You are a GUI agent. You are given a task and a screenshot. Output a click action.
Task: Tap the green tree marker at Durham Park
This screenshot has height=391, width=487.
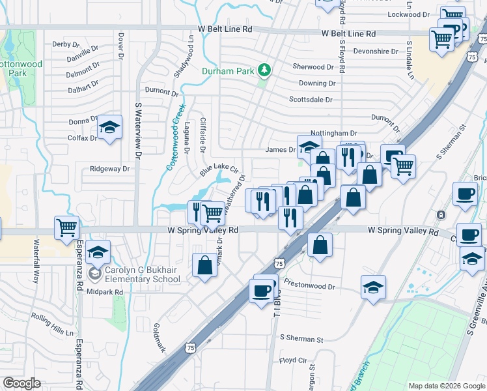click(264, 69)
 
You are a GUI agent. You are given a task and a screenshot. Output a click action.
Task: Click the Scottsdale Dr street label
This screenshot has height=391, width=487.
click(311, 100)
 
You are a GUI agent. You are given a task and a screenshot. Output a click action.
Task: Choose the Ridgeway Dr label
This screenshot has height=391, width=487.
click(110, 168)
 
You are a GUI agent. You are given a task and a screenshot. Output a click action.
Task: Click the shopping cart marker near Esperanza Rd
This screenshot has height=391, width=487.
click(67, 227)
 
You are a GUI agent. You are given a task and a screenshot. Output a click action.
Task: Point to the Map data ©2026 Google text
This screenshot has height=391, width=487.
click(446, 386)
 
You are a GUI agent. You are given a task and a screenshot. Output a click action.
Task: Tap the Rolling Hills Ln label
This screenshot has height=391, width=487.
click(53, 324)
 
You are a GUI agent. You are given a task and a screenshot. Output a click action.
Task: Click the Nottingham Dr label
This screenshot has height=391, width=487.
click(335, 133)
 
